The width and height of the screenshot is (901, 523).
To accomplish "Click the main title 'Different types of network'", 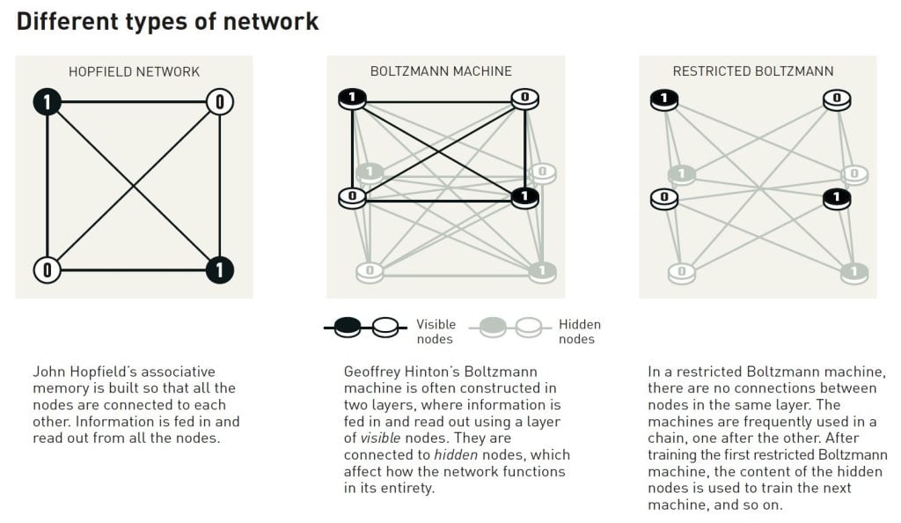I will pos(167,22).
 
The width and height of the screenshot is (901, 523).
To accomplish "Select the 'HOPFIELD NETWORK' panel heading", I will pos(134,71).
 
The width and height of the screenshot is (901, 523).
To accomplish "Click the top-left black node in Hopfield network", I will pos(47,102).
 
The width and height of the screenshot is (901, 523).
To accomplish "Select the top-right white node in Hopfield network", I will pos(219,102).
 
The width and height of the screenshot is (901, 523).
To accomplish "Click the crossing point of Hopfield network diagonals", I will pos(133,186).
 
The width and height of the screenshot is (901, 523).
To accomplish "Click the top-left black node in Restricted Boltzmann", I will pos(664,99).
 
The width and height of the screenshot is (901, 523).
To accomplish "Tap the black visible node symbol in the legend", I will pos(348,328).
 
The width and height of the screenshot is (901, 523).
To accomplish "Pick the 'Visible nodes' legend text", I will pos(436,332).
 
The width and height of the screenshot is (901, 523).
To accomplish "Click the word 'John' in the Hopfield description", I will pos(48,372).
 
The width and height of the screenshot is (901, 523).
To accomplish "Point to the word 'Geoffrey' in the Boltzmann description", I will pos(371,372).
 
